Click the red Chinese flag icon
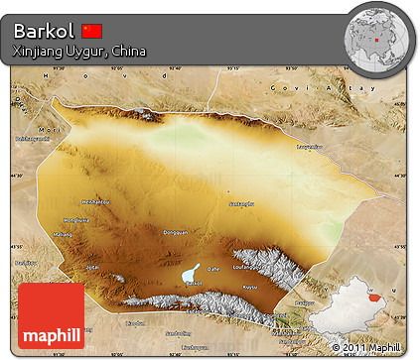pos(92,30)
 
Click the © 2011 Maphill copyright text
pos(367,347)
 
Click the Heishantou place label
pos(95,200)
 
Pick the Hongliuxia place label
pos(76,219)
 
